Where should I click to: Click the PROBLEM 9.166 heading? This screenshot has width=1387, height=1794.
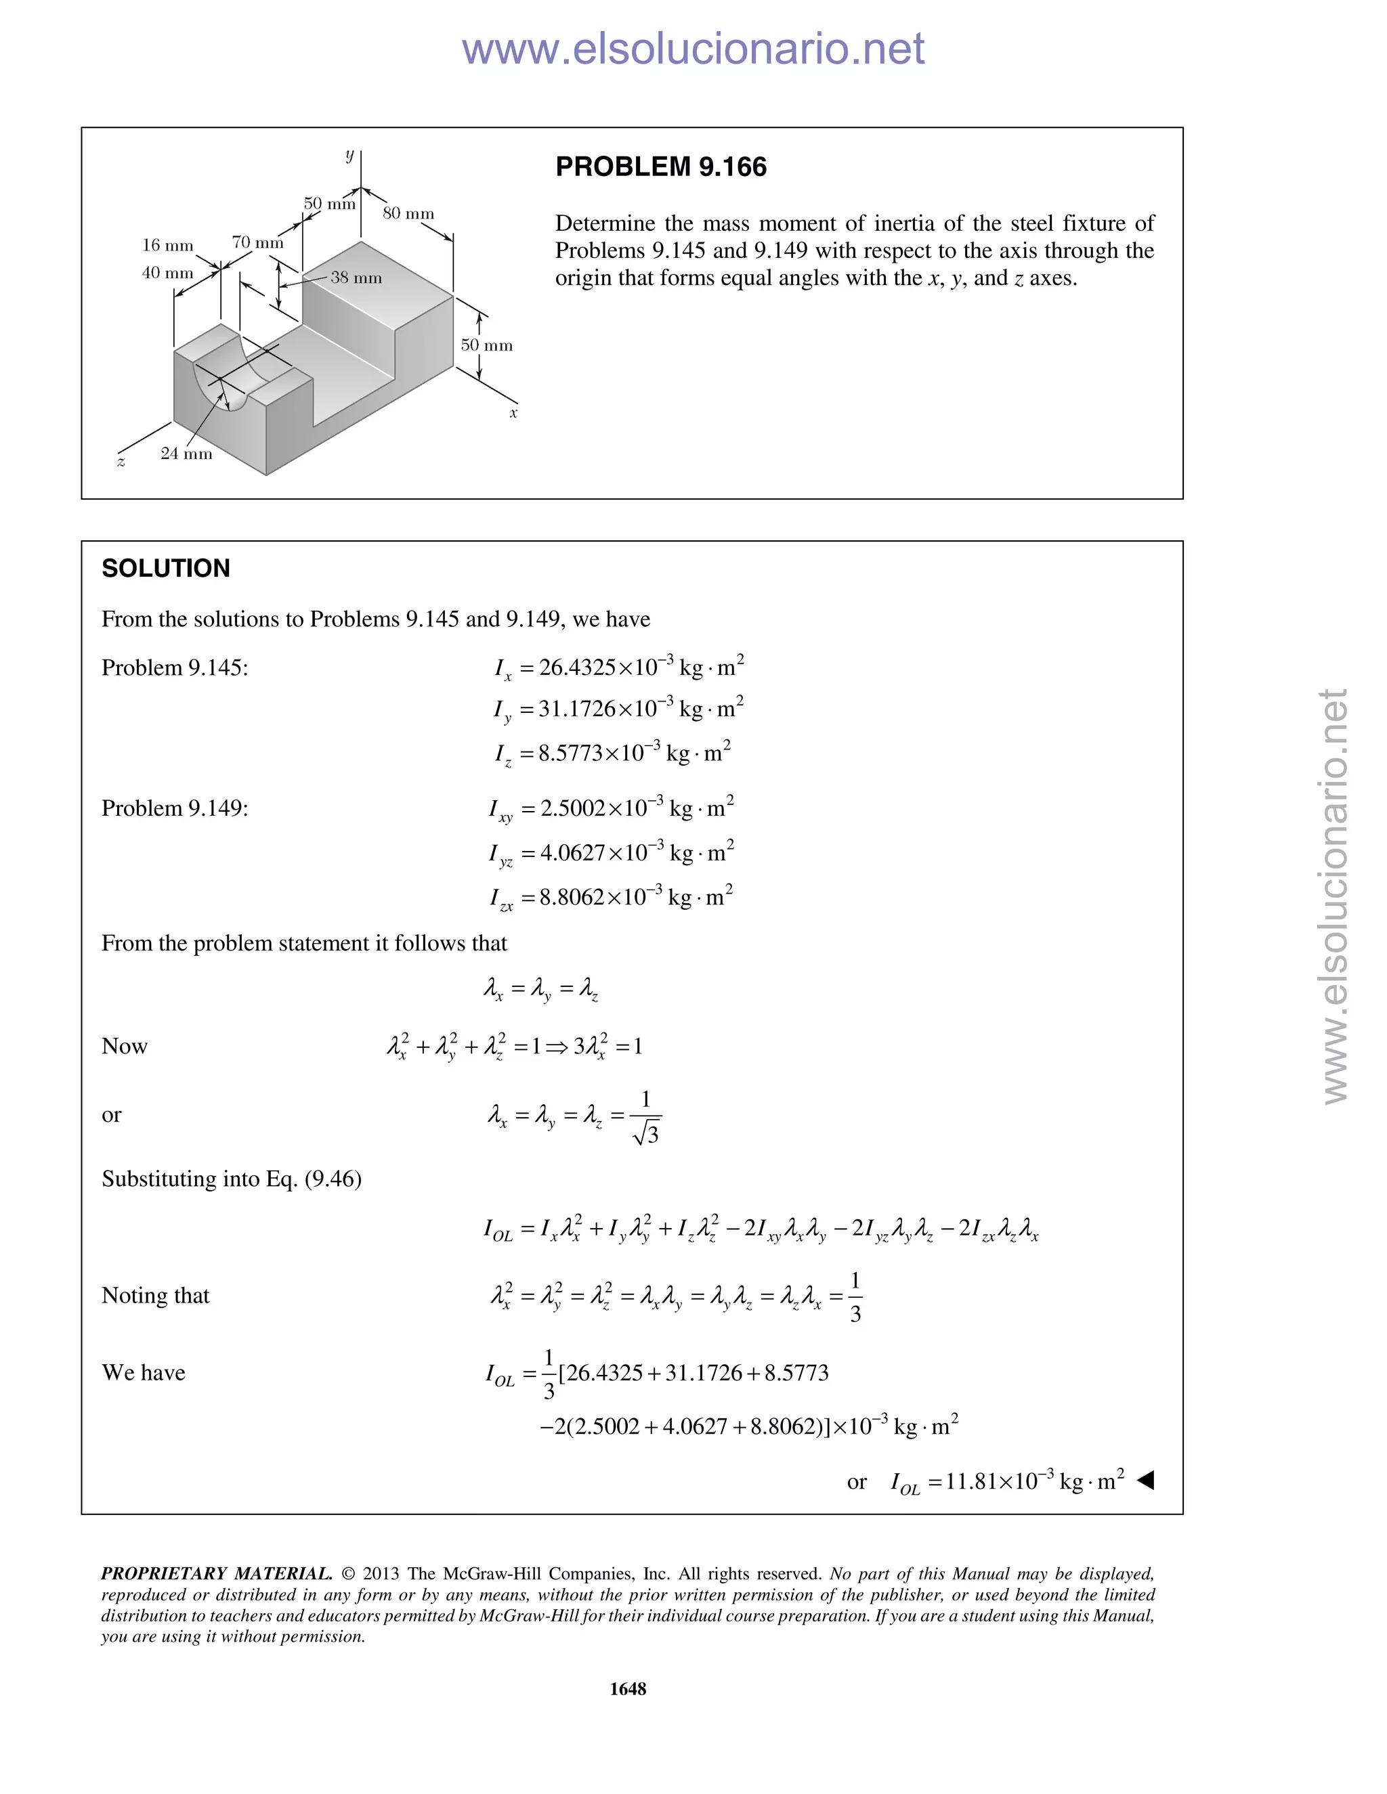660,167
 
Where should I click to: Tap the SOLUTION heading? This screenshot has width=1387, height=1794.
165,569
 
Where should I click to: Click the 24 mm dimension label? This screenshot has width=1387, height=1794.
186,454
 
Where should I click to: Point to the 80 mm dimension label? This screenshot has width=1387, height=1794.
408,213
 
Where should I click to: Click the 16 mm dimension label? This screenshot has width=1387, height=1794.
168,245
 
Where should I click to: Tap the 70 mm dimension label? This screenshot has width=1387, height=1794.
257,242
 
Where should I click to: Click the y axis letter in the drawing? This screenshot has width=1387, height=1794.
349,154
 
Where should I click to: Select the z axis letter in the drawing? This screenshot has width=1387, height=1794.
121,462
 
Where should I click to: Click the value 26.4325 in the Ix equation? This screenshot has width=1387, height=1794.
577,667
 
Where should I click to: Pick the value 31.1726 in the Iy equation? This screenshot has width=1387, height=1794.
577,708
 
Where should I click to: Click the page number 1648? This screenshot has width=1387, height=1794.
628,1689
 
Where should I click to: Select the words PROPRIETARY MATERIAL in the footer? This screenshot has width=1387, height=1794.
216,1574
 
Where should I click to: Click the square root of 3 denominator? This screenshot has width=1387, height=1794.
647,1135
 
